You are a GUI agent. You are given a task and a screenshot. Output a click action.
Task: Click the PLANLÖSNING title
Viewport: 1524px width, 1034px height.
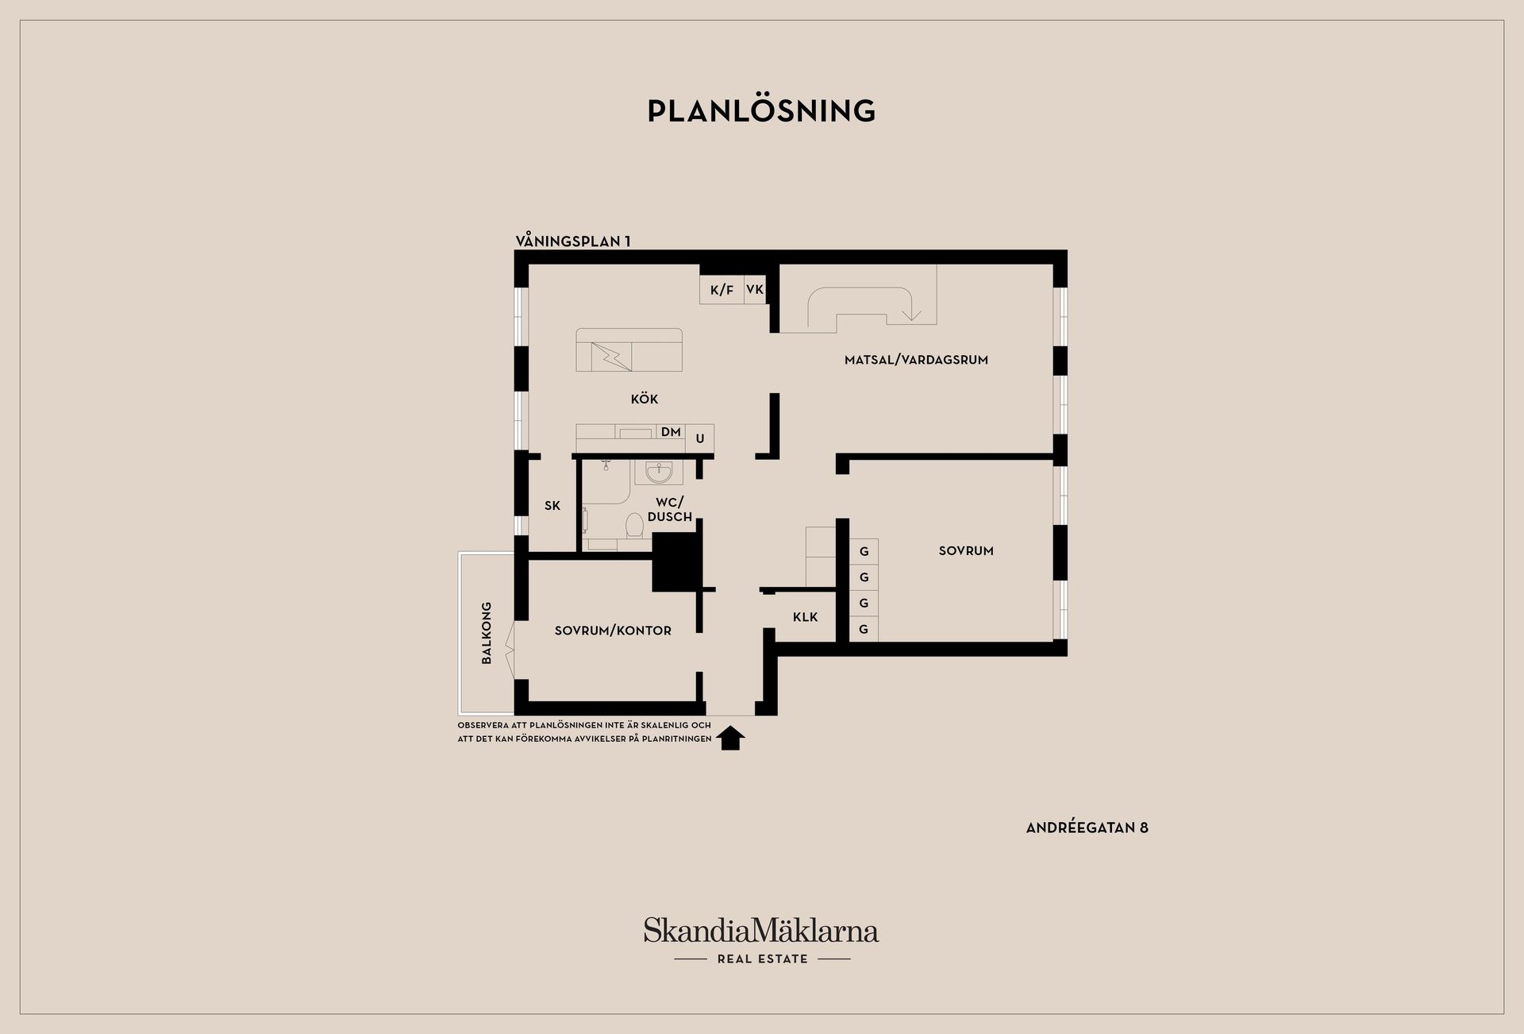[x=761, y=110]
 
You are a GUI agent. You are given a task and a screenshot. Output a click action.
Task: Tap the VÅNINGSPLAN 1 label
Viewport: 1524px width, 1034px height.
[x=573, y=241]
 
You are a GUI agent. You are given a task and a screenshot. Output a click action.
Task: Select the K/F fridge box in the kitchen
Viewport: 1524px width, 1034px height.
[x=722, y=290]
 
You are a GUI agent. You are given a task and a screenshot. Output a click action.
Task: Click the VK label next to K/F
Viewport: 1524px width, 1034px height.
[x=755, y=289]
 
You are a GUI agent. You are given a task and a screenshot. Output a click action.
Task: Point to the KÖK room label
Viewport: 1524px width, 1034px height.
[x=645, y=399]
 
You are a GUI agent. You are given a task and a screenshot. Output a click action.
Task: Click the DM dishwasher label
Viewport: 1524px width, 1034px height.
[x=671, y=432]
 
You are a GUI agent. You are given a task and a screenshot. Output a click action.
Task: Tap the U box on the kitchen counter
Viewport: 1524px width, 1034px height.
[x=700, y=438]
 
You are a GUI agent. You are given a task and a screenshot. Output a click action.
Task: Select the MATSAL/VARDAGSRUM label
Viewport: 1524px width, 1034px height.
[x=916, y=360]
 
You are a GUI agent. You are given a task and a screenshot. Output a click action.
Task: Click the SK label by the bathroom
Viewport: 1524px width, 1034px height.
[x=552, y=505]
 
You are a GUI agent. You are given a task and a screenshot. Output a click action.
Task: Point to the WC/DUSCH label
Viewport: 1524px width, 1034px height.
[x=670, y=509]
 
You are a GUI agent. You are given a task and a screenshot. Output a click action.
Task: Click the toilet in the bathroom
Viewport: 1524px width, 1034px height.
[x=634, y=525]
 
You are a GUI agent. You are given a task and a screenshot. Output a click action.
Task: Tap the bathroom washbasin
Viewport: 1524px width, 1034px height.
[x=659, y=473]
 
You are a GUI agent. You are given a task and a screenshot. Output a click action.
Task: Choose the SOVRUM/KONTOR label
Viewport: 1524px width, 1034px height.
[x=613, y=631]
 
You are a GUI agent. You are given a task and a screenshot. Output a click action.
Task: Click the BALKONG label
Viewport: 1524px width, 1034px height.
[x=487, y=633]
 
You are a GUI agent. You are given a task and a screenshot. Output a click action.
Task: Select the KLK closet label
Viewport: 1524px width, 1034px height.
[x=805, y=617]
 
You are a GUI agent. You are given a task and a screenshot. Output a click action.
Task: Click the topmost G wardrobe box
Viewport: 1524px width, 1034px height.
[x=864, y=551]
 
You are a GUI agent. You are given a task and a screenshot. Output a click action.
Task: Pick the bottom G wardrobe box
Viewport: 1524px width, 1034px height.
[x=864, y=629]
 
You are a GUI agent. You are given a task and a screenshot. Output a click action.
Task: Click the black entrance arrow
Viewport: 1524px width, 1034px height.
[x=730, y=738]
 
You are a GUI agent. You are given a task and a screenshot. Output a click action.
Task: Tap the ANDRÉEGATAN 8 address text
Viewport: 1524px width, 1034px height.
[x=1087, y=828]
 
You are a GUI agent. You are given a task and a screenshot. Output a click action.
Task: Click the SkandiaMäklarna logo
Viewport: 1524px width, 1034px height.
[x=761, y=939]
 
